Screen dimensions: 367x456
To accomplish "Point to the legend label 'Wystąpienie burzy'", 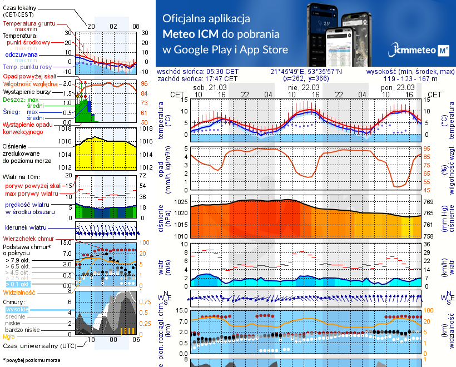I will (28, 90).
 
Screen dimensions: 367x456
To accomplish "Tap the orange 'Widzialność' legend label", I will (19, 292).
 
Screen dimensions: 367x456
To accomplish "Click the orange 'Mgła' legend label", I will (8, 336).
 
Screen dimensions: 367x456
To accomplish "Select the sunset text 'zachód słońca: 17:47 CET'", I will (197, 79).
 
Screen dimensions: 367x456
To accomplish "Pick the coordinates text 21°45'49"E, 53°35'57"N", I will (307, 72).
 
